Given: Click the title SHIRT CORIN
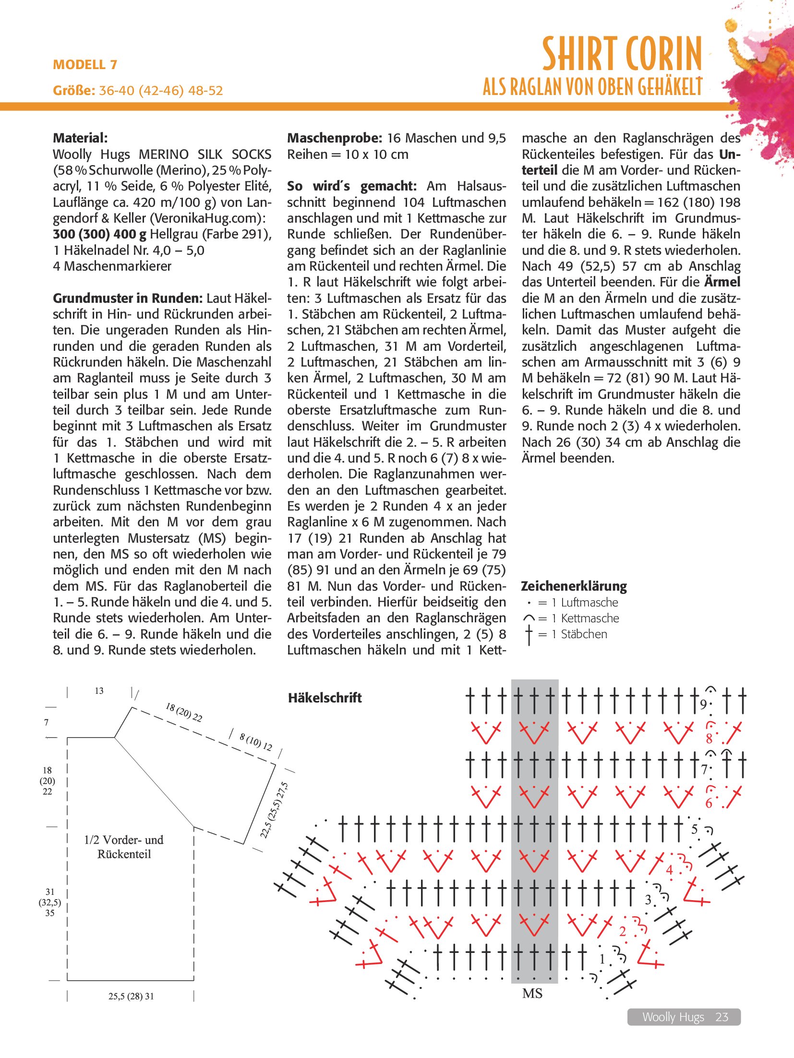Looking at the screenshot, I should pos(622,54).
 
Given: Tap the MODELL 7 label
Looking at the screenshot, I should pos(85,65).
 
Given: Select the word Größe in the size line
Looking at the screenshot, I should pos(74,91).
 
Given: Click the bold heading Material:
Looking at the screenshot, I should pos(80,138).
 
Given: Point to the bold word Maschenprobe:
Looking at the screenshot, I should pos(335,138).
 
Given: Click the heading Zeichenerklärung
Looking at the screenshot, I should pos(574,586).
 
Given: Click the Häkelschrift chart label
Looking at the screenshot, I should pos(325,698).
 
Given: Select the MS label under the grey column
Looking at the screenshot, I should pos(532,993).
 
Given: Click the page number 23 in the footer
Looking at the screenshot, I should pos(722,1017).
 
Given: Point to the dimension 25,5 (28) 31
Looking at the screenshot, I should pos(131,996).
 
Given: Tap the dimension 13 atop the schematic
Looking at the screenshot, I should pos(99,691).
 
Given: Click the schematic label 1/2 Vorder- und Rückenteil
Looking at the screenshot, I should pos(124,847).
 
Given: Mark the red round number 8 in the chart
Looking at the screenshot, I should pos(709,739).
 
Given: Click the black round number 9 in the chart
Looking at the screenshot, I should pos(703,704).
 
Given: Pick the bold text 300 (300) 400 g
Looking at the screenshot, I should pos(99,234).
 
